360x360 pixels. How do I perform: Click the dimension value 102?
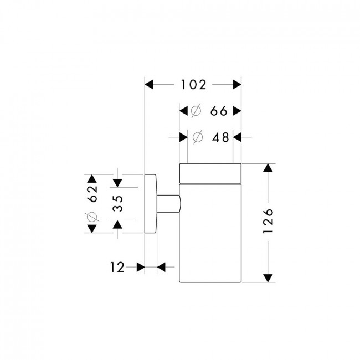pyautogui.click(x=193, y=85)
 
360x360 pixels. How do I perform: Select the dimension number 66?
pyautogui.click(x=219, y=111)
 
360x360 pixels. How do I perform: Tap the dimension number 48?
pyautogui.click(x=220, y=137)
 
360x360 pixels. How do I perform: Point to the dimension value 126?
pyautogui.click(x=268, y=221)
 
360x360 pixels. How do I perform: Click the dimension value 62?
pyautogui.click(x=92, y=193)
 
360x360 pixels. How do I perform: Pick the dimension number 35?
pyautogui.click(x=118, y=203)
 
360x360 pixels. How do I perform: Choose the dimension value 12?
pyautogui.click(x=117, y=268)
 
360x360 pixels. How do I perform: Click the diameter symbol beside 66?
pyautogui.click(x=196, y=111)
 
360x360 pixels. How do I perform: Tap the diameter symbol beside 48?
pyautogui.click(x=198, y=137)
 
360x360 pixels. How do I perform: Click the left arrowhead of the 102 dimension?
pyautogui.click(x=149, y=85)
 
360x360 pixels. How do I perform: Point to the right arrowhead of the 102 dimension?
pyautogui.click(x=237, y=85)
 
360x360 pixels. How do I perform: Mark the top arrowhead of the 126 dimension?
pyautogui.click(x=268, y=168)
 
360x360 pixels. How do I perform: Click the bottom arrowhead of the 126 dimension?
pyautogui.click(x=268, y=278)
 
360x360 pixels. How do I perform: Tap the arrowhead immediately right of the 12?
pyautogui.click(x=141, y=268)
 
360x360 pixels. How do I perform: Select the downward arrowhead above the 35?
pyautogui.click(x=117, y=183)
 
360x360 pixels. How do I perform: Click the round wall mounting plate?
pyautogui.click(x=151, y=204)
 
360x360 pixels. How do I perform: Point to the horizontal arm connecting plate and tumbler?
pyautogui.click(x=169, y=204)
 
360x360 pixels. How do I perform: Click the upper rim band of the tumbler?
pyautogui.click(x=210, y=174)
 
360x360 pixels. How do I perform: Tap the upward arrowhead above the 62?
pyautogui.click(x=92, y=179)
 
